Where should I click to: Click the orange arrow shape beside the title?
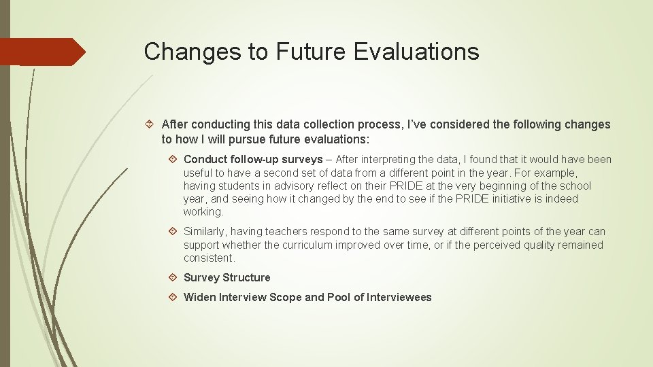tap(42, 52)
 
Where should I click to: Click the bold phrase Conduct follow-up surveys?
tap(253, 160)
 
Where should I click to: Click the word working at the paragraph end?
tap(203, 212)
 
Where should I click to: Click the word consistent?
tap(208, 258)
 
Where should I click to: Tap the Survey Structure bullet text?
tap(227, 277)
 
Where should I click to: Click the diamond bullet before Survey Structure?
tap(174, 277)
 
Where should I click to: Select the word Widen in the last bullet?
tap(199, 297)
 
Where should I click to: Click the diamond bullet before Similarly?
tap(174, 232)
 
